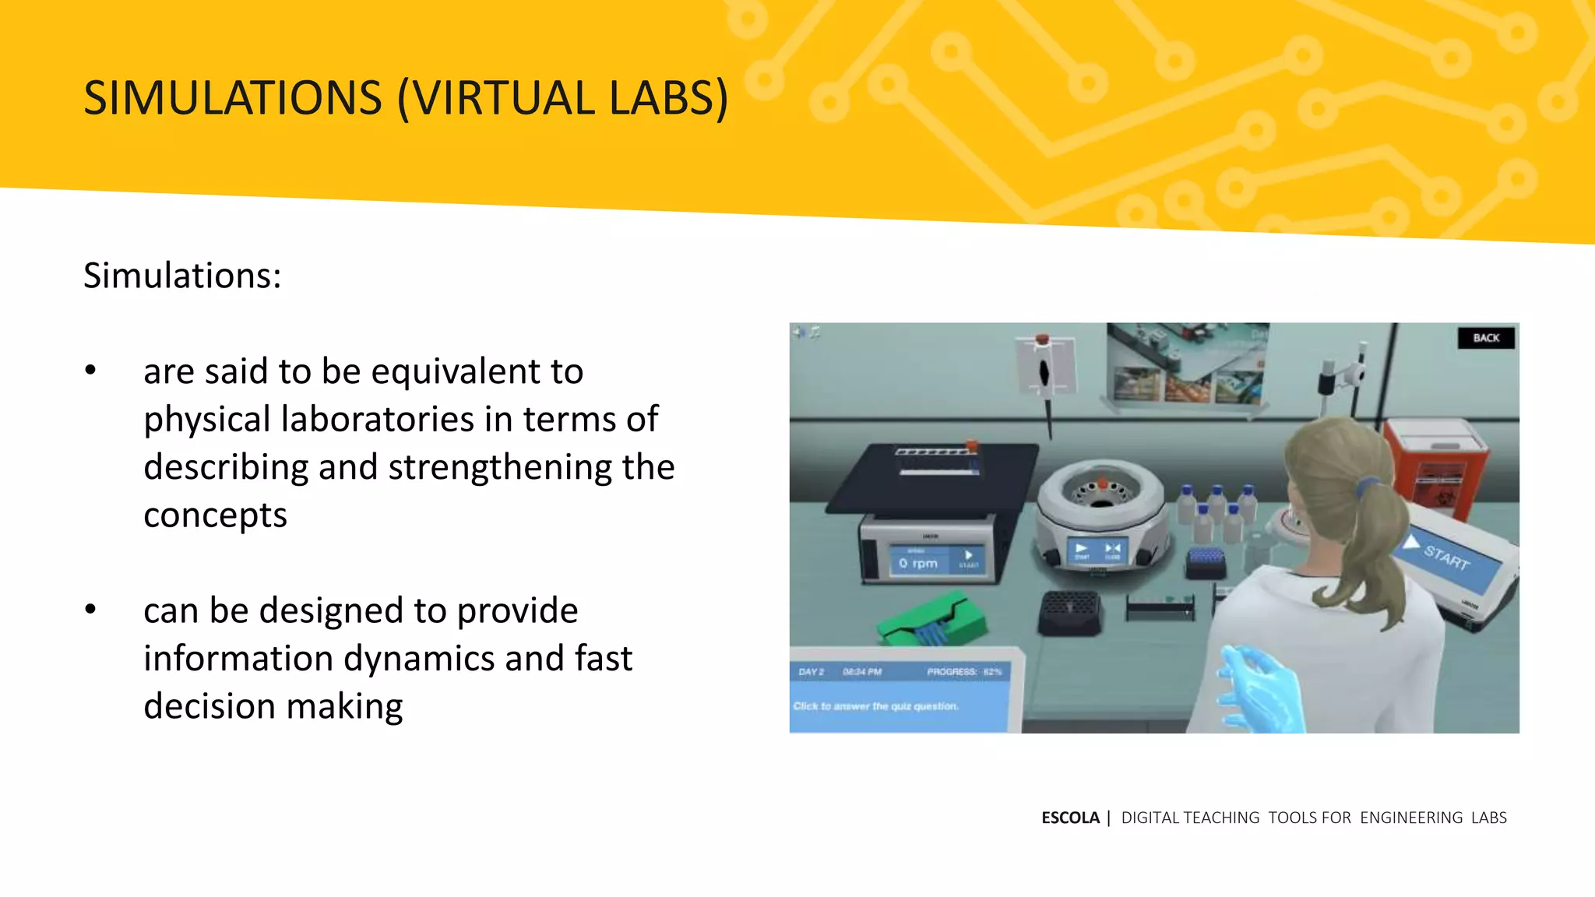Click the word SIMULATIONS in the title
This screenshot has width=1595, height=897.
click(x=232, y=99)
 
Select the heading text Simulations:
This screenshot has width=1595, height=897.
click(x=182, y=276)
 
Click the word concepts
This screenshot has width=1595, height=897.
click(x=215, y=515)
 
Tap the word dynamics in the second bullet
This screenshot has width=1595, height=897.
click(x=418, y=659)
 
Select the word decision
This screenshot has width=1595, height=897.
click(x=209, y=706)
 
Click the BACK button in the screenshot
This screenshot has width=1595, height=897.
click(x=1485, y=338)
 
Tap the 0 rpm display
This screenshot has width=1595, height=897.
click(x=919, y=562)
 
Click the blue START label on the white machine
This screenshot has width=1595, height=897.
click(x=1447, y=557)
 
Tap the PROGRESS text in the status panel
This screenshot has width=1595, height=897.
click(x=952, y=671)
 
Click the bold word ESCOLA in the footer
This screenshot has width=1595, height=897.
click(x=1070, y=818)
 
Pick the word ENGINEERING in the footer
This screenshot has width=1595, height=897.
click(x=1411, y=818)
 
